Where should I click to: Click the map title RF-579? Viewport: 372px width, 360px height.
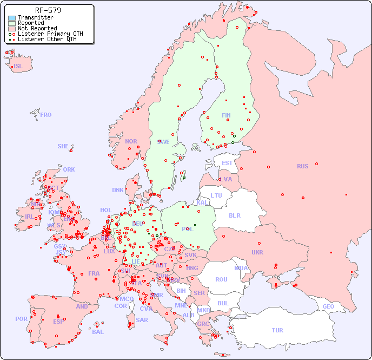[x=48, y=10]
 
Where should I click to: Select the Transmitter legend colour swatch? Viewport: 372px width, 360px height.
[x=12, y=18]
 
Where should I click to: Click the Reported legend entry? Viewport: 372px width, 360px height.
[x=31, y=23]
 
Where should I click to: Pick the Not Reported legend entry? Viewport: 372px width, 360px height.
[x=37, y=29]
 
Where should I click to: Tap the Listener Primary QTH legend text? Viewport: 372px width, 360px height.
[x=50, y=34]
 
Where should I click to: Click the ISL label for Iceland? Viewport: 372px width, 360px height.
[x=18, y=67]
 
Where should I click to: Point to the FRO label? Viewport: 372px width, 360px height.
[x=46, y=115]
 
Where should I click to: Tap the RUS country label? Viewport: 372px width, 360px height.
[x=302, y=166]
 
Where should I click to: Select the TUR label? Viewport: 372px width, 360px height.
[x=277, y=330]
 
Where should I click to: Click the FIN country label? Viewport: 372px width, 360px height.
[x=226, y=115]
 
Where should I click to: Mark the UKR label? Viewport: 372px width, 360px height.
[x=257, y=252]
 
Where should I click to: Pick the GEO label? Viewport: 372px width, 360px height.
[x=328, y=306]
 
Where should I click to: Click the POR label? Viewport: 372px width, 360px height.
[x=21, y=319]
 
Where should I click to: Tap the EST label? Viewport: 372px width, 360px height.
[x=227, y=163]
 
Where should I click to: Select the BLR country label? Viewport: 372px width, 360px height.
[x=235, y=215]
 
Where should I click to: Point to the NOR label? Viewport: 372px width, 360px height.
[x=131, y=141]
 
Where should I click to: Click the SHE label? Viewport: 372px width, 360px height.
[x=63, y=146]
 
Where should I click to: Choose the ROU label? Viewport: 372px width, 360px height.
[x=221, y=279]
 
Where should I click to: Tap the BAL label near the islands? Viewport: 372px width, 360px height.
[x=98, y=332]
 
